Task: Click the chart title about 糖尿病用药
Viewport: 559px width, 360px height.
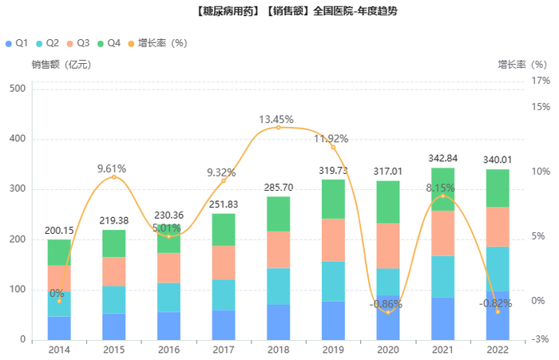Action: click(x=279, y=12)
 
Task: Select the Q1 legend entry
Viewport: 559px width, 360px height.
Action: click(x=18, y=42)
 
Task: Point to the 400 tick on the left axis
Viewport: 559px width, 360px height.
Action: click(x=18, y=139)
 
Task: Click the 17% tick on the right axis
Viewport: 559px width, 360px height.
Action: click(x=541, y=81)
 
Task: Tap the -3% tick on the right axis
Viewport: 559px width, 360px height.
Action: click(x=541, y=340)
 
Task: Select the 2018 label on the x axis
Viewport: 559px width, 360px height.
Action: click(x=279, y=350)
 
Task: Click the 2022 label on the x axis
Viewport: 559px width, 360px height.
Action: click(x=498, y=350)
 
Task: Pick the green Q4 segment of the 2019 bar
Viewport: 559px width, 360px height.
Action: click(x=333, y=199)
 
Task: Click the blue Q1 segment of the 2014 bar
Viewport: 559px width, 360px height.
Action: click(x=59, y=328)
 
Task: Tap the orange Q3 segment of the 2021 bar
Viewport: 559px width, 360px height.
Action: click(x=442, y=233)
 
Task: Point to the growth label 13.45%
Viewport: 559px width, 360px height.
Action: click(x=279, y=120)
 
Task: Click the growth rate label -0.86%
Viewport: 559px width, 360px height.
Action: click(x=388, y=304)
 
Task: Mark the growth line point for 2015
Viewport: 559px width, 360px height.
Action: click(x=114, y=176)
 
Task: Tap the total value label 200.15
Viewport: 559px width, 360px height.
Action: click(x=59, y=231)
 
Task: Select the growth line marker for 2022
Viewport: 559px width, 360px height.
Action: click(x=498, y=312)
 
